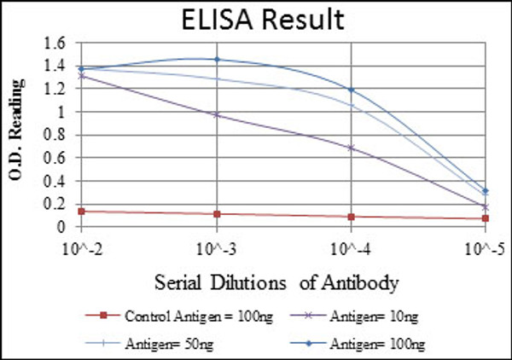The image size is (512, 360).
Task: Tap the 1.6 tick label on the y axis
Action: coord(54,43)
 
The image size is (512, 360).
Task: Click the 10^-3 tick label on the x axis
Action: coord(216,249)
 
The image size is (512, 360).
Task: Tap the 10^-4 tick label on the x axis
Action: coord(351,249)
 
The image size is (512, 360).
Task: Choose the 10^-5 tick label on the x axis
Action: coord(484,249)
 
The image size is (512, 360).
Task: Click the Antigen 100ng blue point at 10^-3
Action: coord(216,60)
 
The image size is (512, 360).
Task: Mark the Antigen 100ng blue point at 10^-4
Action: coord(351,90)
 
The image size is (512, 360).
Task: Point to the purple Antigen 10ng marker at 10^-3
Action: coord(216,114)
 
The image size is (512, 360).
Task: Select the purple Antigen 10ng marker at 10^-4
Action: coord(351,148)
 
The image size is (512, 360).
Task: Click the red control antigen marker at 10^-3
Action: coord(216,214)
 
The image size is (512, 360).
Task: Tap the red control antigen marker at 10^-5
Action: coord(485,218)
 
